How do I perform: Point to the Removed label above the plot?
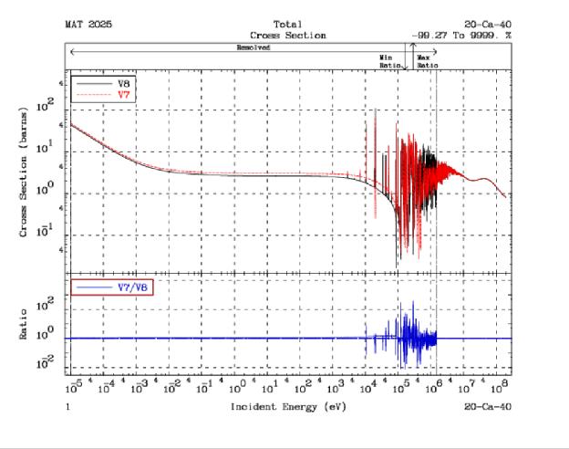click(x=253, y=47)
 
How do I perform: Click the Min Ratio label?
click(x=388, y=60)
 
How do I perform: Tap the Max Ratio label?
click(x=427, y=60)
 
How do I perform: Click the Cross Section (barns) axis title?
click(x=24, y=183)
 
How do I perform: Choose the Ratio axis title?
click(x=24, y=324)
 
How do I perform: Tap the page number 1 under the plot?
click(x=67, y=404)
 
